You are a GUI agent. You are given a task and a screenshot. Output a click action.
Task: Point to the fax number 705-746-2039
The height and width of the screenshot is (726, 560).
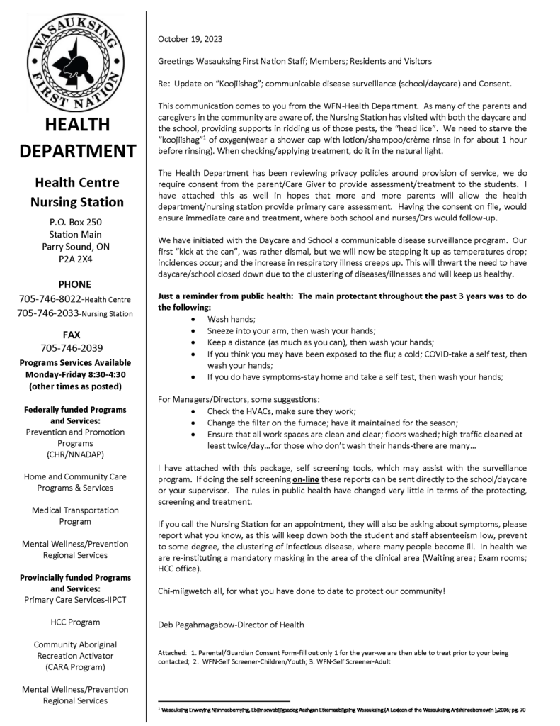point(72,347)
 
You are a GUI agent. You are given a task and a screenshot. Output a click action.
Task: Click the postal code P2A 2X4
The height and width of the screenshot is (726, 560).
point(75,259)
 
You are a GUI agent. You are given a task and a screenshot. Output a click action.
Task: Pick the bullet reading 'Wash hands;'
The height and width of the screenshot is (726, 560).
point(227,320)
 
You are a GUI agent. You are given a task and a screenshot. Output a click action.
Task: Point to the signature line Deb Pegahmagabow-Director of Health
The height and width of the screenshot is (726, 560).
point(232,624)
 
